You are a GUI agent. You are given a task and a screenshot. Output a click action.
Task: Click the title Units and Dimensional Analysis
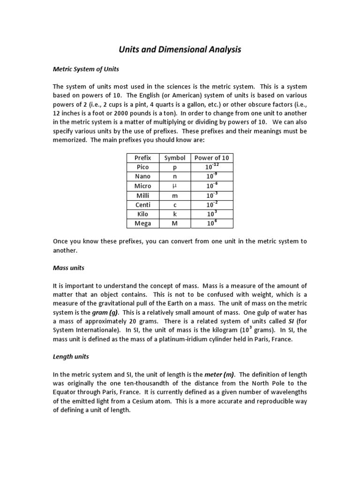coord(180,49)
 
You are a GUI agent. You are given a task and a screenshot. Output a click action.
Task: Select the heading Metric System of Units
coord(86,69)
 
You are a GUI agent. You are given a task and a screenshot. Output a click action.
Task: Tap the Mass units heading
coord(68,269)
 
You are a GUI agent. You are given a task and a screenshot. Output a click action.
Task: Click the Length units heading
coord(71,357)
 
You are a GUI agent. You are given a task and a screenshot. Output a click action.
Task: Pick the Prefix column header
coord(142,158)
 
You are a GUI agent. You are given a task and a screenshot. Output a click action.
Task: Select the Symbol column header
coord(175,158)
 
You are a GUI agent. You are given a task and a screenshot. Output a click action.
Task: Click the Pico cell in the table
coord(142,167)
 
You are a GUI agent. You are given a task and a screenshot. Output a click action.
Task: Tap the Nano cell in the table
coord(142,177)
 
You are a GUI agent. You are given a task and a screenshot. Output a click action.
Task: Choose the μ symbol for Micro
coord(175,186)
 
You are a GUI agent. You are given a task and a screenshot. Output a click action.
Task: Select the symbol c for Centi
coord(175,205)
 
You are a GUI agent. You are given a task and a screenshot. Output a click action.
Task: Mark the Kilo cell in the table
coord(142,214)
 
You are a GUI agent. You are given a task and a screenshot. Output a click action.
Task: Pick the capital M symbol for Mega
coord(175,224)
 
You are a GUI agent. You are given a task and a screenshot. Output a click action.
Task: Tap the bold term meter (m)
coord(220,374)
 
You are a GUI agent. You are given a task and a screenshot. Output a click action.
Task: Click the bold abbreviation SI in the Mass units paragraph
coord(280,321)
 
